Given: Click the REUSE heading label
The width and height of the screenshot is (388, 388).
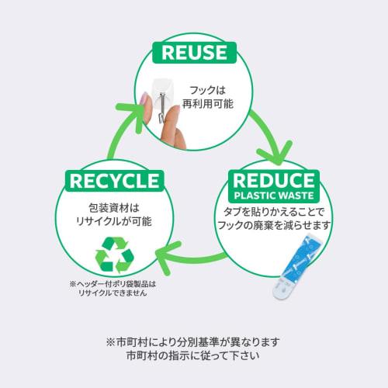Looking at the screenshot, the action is [194, 53].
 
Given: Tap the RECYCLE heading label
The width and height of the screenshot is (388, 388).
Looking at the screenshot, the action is [114, 181].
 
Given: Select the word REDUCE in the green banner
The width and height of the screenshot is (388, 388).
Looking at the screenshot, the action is [274, 180].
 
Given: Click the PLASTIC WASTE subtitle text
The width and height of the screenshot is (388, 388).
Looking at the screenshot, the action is [274, 196].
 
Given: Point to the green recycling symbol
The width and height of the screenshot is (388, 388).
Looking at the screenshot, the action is [115, 255].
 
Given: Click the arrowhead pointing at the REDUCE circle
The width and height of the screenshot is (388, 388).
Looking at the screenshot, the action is [277, 153].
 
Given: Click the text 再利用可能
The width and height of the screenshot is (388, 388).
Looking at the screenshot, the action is [208, 104].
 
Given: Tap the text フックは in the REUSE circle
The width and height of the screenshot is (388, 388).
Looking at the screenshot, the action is [208, 90].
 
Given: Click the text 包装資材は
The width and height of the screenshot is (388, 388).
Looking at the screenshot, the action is [114, 208].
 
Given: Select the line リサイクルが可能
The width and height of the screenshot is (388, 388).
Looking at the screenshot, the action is [114, 221].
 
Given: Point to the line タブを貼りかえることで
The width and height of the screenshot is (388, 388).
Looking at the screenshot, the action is [274, 212].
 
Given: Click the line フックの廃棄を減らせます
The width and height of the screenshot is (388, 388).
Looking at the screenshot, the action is [274, 225].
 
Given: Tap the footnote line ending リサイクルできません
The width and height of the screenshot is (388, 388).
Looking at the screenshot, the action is [113, 293].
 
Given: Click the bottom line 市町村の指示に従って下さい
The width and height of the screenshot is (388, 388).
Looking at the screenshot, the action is [193, 355].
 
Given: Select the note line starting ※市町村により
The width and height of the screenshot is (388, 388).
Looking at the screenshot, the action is [193, 342].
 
